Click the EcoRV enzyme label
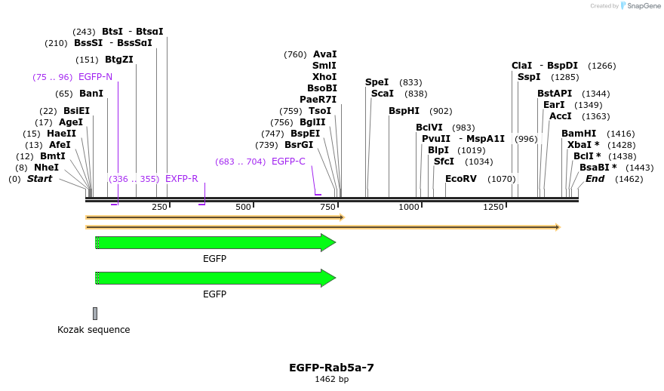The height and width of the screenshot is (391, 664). [460, 179]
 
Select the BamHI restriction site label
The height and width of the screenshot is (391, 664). [579, 134]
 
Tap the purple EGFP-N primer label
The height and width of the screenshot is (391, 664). [95, 77]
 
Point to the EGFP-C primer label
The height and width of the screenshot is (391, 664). [288, 162]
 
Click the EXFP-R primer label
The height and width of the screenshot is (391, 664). [181, 179]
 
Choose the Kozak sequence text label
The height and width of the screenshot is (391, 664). [94, 330]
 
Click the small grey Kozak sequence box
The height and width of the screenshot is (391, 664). [95, 313]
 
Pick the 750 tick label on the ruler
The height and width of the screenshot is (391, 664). [327, 207]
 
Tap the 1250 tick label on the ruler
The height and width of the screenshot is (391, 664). [493, 207]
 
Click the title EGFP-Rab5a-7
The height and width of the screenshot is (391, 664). [331, 368]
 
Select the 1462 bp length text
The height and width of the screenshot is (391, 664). [331, 379]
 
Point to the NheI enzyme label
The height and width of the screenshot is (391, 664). [46, 168]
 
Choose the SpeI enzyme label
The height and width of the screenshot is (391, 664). [377, 82]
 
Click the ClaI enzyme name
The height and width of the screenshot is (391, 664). [521, 66]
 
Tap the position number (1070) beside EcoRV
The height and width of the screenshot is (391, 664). [501, 179]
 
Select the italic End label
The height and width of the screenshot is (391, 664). [595, 179]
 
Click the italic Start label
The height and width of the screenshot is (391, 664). [40, 179]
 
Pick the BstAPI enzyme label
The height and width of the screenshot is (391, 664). [555, 94]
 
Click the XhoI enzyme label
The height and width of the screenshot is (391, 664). [324, 77]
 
